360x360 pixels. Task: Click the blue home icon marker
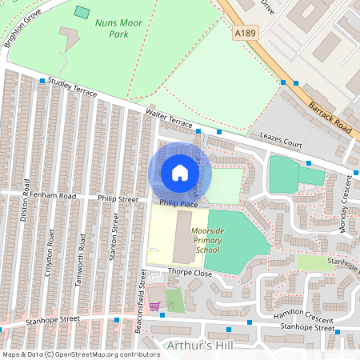pyautogui.click(x=180, y=173)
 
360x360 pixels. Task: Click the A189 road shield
pyautogui.click(x=247, y=33)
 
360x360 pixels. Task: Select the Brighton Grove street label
pyautogui.click(x=22, y=29)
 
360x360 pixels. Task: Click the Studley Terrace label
pyautogui.click(x=72, y=87)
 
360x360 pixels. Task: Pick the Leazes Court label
pyautogui.click(x=275, y=140)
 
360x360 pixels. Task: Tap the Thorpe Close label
pyautogui.click(x=190, y=272)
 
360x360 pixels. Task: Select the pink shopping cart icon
pyautogui.click(x=154, y=305)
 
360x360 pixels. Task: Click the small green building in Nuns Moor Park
pyautogui.click(x=82, y=12)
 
